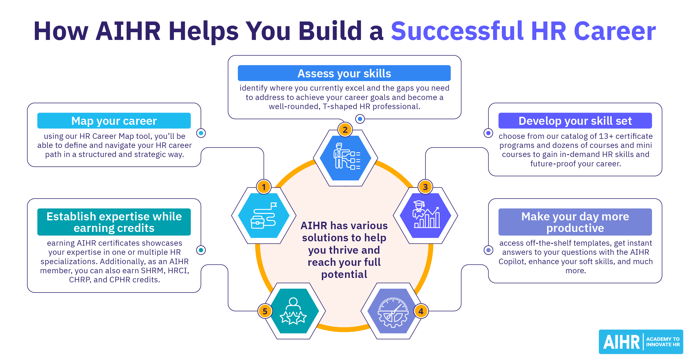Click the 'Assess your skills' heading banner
coord(344,73)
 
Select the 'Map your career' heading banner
coord(114,121)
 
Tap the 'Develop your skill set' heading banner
coord(575,121)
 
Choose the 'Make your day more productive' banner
coord(575,222)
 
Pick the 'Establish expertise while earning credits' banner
coord(114,222)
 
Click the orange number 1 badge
coord(264,187)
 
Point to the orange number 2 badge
coord(345,130)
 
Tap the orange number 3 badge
coord(425,187)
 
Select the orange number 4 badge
coord(421,311)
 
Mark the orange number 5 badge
coord(265,311)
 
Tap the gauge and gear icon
coord(393,312)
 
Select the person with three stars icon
coord(293,311)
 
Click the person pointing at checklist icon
coord(346,157)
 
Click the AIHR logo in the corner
coord(641,342)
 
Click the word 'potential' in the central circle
coord(344,275)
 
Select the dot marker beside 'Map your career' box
coord(201,133)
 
